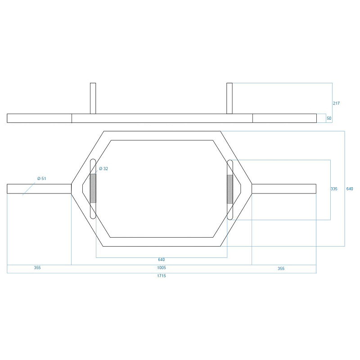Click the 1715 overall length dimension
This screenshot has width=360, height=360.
162,276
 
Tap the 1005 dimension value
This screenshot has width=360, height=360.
162,268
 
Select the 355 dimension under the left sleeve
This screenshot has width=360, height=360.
37,268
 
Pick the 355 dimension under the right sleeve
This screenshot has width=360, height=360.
281,269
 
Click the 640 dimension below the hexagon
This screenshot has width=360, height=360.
162,260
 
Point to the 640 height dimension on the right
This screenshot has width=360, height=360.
350,189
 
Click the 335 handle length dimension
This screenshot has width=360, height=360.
334,189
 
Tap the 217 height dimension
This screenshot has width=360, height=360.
336,103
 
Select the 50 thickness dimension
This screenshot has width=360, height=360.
329,118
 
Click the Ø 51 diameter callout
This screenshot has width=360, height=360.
41,178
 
